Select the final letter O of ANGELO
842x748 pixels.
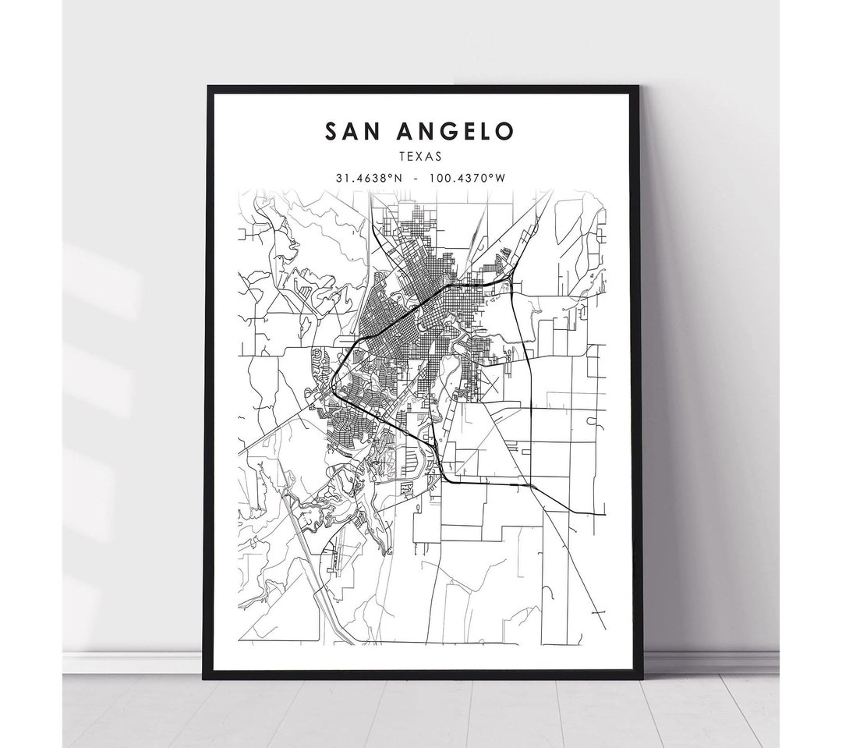pos(505,131)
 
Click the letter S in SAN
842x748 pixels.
pos(331,131)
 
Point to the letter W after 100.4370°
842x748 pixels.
pos(501,178)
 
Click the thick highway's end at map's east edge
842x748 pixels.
pos(604,515)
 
